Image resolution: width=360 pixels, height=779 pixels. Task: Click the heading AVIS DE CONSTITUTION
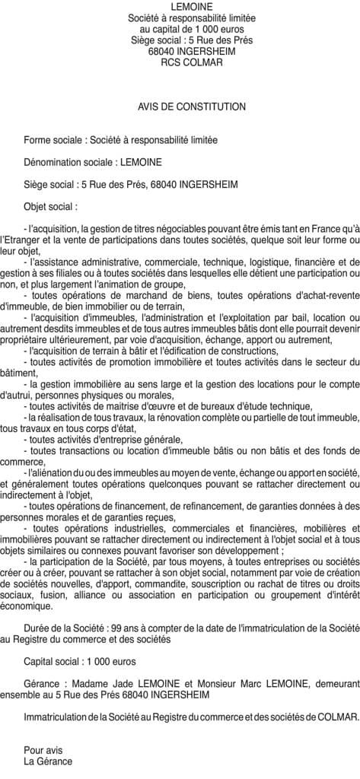pyautogui.click(x=180, y=107)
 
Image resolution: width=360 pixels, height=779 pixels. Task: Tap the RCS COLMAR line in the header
pyautogui.click(x=180, y=62)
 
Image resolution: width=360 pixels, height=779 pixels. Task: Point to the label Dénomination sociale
pyautogui.click(x=68, y=161)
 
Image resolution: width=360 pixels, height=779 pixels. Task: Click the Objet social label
pyautogui.click(x=50, y=205)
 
